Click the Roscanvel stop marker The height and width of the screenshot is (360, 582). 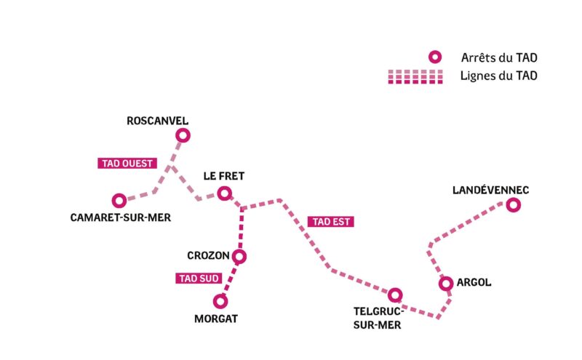point(183,135)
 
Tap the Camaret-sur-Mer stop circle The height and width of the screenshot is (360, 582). point(119,200)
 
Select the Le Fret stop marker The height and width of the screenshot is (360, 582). point(224,193)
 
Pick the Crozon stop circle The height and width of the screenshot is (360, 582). point(239,256)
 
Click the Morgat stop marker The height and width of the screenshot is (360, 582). point(220,300)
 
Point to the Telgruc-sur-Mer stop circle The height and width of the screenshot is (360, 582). point(395,295)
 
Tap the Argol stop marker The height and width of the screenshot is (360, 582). point(447,284)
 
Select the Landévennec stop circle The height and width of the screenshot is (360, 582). point(514,205)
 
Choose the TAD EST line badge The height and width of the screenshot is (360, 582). point(331,222)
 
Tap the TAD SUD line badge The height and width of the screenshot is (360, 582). point(199,278)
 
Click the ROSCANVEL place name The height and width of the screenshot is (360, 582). point(157,120)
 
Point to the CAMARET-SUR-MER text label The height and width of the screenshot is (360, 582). point(120,217)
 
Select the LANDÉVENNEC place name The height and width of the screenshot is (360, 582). point(490,190)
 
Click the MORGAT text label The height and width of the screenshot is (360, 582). point(216,318)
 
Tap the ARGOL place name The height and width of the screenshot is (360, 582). point(475,282)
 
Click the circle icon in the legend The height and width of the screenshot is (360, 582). point(435,57)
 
